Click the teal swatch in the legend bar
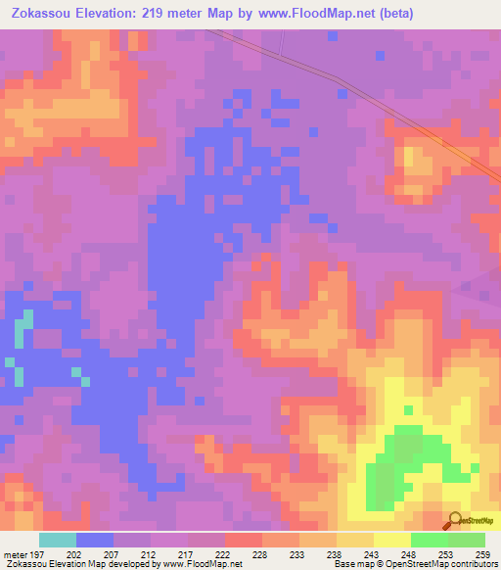[x=58, y=540]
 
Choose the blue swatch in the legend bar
[x=95, y=540]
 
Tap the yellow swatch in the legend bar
[x=392, y=540]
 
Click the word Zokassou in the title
[x=42, y=13]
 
